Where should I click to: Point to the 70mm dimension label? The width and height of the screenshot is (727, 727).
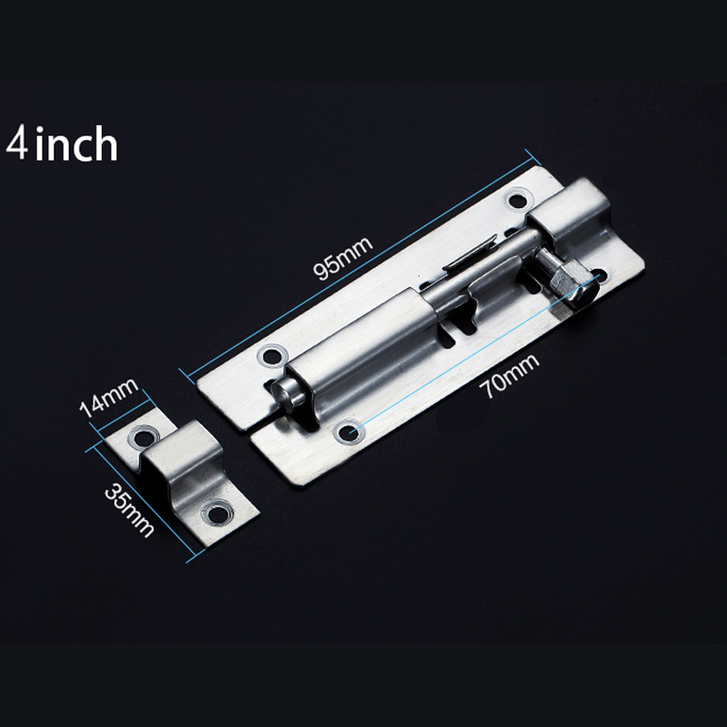point(510,375)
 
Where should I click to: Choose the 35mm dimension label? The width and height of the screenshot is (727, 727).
point(126,510)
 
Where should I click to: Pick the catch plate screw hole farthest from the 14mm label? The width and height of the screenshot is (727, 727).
point(214,514)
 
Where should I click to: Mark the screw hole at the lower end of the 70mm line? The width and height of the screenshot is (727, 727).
point(348,431)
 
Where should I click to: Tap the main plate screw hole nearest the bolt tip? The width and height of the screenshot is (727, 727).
point(269,356)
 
